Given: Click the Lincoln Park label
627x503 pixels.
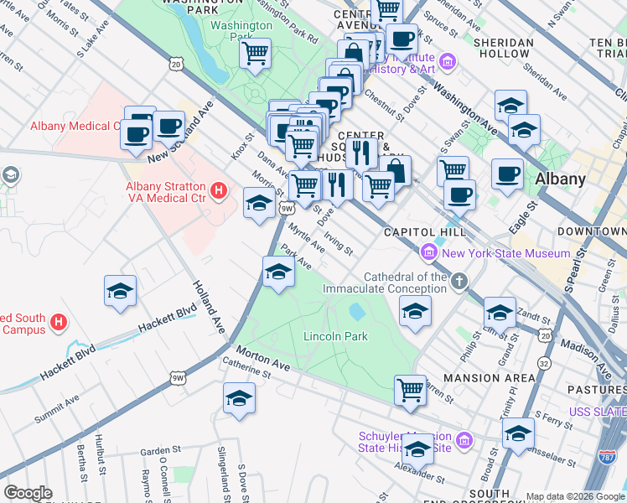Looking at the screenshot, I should coord(335,337).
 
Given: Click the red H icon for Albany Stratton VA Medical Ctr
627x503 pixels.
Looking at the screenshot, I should coord(219,192).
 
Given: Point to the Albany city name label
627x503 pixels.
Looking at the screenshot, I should coord(560,179).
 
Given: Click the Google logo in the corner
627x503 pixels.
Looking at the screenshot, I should coord(28,493).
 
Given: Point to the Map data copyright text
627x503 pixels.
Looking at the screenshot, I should coord(575,496).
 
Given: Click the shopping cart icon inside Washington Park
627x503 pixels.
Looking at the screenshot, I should coord(255,55).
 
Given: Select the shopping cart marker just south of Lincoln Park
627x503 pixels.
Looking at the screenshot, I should coord(410,389).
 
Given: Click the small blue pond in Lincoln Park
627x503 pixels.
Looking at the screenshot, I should coord(356,312).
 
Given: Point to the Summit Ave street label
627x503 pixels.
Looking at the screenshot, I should coord(55,414).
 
